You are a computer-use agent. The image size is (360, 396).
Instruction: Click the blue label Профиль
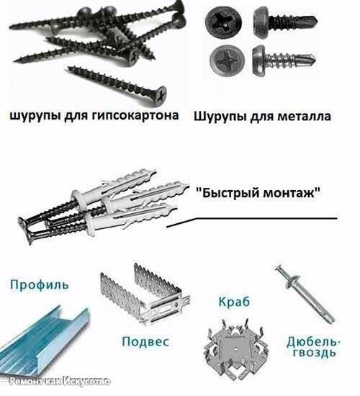click(39, 284)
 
